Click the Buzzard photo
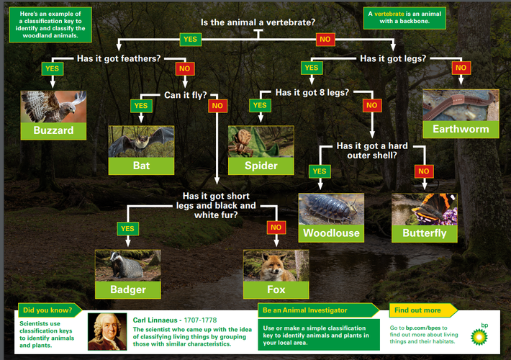pos(53,107)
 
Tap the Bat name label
pos(141,166)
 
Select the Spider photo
pos(261,142)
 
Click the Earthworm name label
pos(461,129)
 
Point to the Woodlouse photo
pos(331,209)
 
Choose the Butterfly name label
pos(425,233)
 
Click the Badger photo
pos(128,266)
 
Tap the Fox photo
pos(276,266)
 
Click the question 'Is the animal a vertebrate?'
pos(258,22)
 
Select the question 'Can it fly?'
pos(186,95)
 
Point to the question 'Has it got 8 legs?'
pos(312,93)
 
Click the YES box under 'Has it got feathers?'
pos(52,69)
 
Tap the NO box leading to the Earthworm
pos(461,68)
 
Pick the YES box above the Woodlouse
pos(320,171)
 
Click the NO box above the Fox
pos(276,228)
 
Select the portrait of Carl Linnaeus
pos(107,332)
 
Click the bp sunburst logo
pos(479,336)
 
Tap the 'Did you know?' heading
pos(48,310)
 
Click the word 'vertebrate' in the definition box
pos(389,14)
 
